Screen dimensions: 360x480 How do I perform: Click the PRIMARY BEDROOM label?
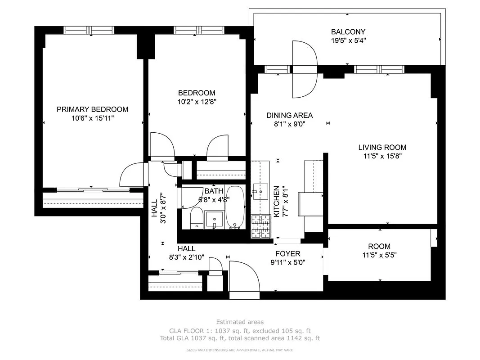(x=92, y=109)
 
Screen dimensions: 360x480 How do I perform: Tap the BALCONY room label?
(x=348, y=32)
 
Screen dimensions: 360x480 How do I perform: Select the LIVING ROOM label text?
(x=382, y=147)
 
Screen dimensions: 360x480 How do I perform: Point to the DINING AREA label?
(x=289, y=115)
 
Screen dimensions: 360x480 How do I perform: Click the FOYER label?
(x=288, y=253)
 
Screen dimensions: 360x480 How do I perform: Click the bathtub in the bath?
(x=234, y=208)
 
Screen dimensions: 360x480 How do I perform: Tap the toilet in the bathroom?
(x=196, y=218)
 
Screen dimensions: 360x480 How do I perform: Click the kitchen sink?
(x=259, y=191)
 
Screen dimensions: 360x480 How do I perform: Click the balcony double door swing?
(x=305, y=69)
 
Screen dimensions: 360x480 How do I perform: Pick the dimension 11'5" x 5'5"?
(x=379, y=255)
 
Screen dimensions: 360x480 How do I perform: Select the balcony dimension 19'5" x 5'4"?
(x=348, y=40)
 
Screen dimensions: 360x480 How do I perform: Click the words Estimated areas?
(x=240, y=322)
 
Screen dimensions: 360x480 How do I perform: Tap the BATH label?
(x=213, y=191)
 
